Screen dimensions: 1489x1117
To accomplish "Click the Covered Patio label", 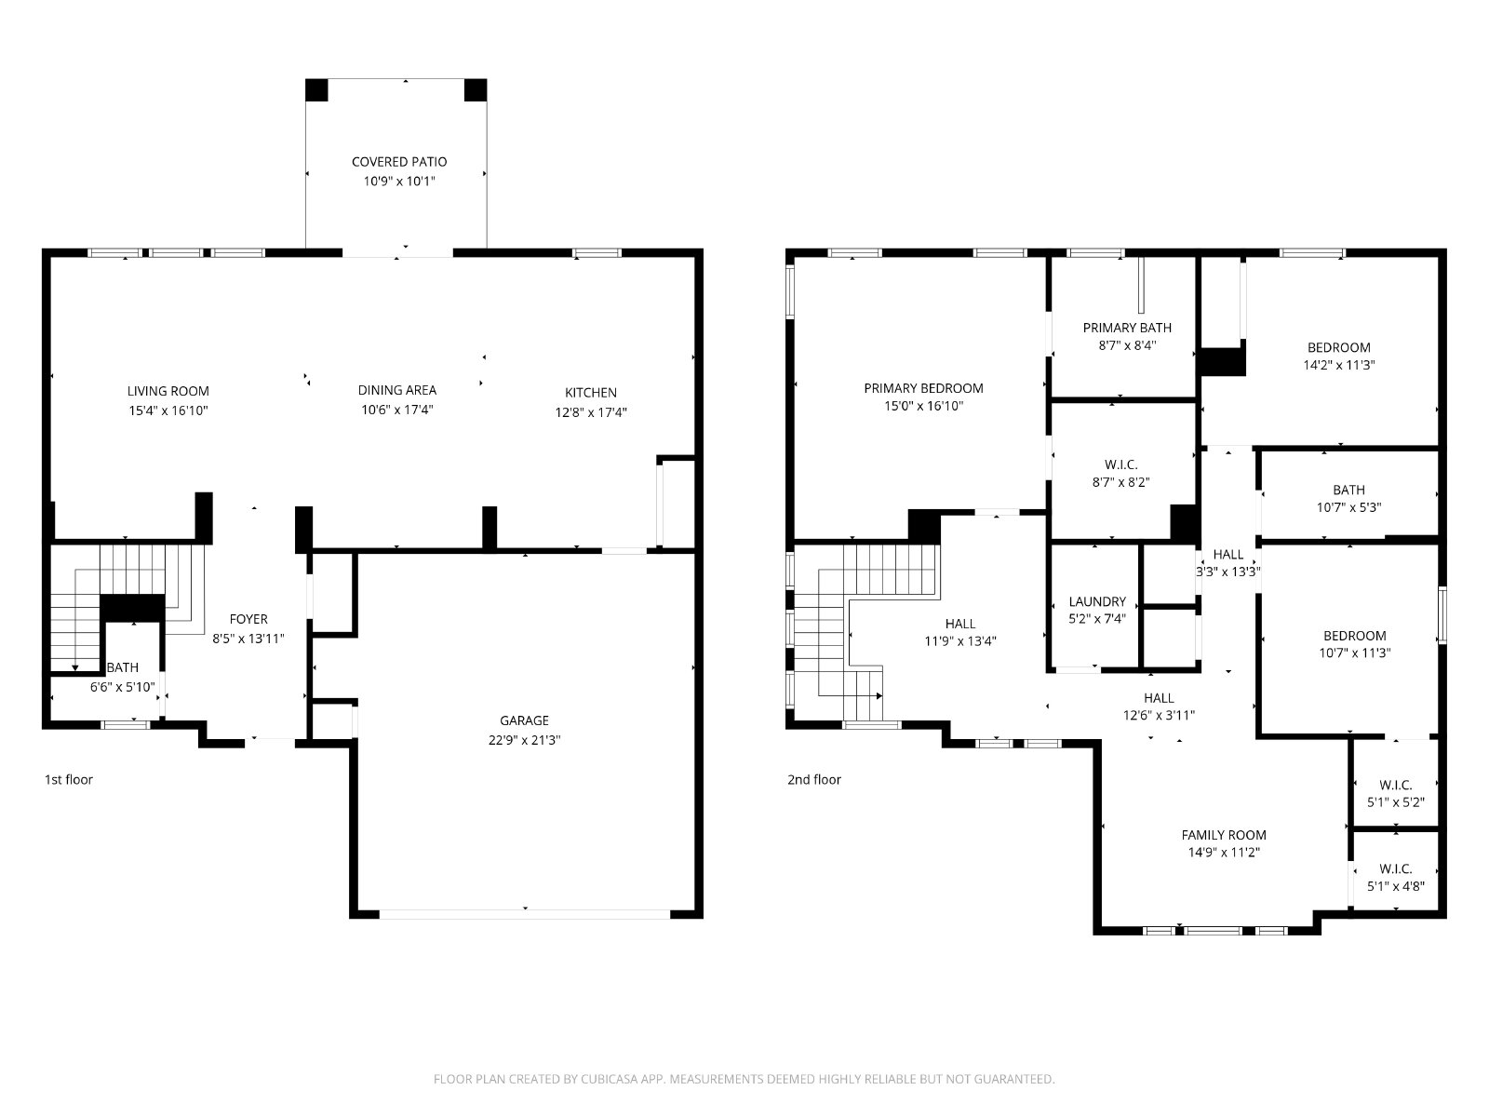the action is click(399, 161).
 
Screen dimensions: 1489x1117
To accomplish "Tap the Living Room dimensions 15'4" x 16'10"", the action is click(168, 410).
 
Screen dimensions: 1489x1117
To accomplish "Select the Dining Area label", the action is click(396, 390).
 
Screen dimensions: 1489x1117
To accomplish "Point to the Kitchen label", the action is click(591, 393).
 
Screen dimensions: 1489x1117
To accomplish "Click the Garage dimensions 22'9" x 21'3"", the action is click(524, 740).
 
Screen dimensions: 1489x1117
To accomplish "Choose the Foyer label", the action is click(248, 618).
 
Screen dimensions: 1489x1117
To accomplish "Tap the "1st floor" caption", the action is click(69, 780).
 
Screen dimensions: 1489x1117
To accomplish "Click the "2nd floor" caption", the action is click(814, 780).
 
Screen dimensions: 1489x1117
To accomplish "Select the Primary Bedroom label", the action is click(923, 388).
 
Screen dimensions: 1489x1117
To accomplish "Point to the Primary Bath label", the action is click(1127, 328).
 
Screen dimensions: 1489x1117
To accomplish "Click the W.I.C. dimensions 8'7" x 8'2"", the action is click(1120, 482).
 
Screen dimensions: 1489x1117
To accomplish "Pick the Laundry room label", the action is click(1097, 601).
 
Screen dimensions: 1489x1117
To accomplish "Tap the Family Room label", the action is click(1224, 835).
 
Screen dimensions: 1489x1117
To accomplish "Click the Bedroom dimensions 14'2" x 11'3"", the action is click(1338, 365).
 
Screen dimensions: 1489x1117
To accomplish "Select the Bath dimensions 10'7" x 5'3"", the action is click(1348, 507).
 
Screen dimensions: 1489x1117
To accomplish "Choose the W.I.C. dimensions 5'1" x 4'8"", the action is click(1395, 886).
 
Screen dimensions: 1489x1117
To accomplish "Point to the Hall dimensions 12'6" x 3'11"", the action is click(1159, 715).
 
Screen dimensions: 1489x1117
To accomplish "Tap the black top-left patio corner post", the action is click(316, 90).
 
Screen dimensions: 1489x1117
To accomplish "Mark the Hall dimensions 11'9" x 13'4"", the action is click(959, 641).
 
